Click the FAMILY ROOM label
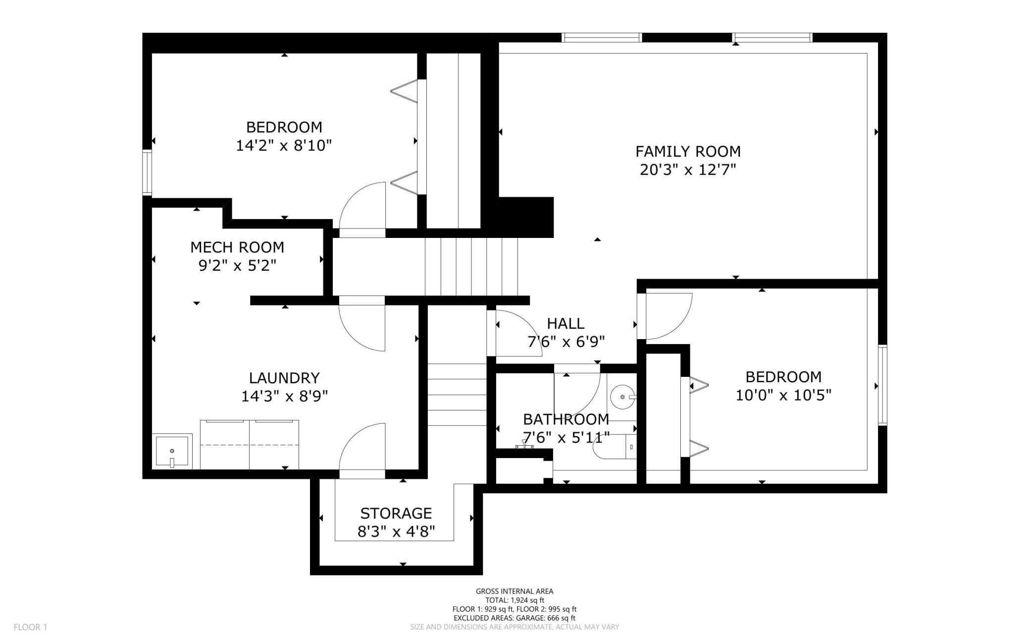pos(688,151)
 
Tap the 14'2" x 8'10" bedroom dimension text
pos(284,146)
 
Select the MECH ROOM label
pos(237,247)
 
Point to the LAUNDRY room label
pos(284,378)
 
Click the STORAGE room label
pos(396,513)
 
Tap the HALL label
pos(566,324)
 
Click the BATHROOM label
pos(566,419)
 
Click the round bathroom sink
pos(622,397)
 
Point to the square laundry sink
pos(172,451)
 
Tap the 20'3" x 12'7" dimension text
pos(688,170)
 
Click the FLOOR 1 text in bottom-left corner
pos(30,627)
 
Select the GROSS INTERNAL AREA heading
pos(515,591)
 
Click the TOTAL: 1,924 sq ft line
pos(515,600)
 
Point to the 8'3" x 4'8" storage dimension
pos(396,532)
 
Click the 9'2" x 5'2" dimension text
pos(237,266)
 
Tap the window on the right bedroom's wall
pos(882,386)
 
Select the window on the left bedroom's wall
pos(147,173)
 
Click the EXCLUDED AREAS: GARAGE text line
pos(515,618)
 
